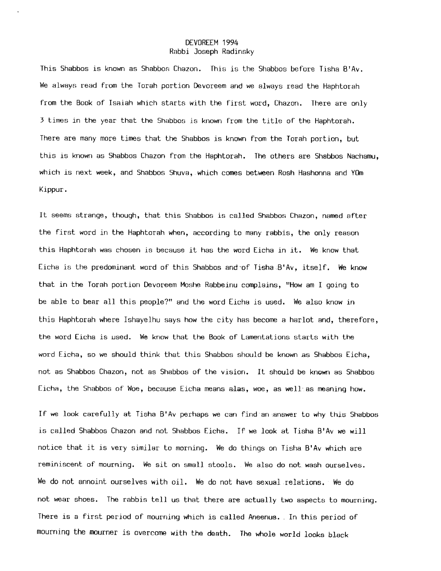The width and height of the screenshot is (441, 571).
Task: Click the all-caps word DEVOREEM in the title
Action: pyautogui.click(x=202, y=43)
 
